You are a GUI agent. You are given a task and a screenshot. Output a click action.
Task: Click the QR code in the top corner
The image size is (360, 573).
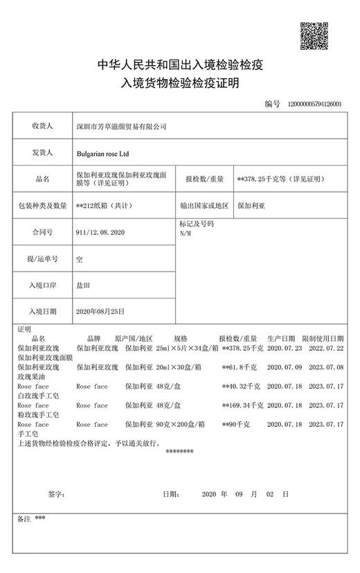click(x=312, y=35)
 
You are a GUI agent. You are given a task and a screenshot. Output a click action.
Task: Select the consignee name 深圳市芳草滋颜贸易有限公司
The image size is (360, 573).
click(x=121, y=127)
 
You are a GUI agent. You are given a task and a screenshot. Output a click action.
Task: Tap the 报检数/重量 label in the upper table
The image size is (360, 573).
click(x=204, y=179)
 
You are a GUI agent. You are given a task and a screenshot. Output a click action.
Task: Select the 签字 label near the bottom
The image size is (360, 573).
click(x=56, y=494)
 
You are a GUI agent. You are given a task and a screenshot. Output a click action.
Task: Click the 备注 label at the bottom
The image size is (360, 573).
click(x=23, y=518)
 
